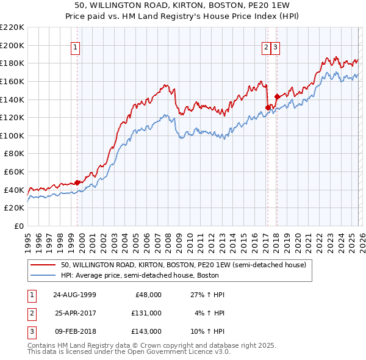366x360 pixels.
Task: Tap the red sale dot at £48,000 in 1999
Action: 77,182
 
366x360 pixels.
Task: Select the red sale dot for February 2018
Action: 276,96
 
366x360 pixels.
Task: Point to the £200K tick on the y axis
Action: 12,45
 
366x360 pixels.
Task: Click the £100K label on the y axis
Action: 12,135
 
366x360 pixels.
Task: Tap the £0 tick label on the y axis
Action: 18,226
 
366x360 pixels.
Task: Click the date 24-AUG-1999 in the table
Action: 74,295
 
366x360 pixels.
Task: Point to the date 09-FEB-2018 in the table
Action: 74,331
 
